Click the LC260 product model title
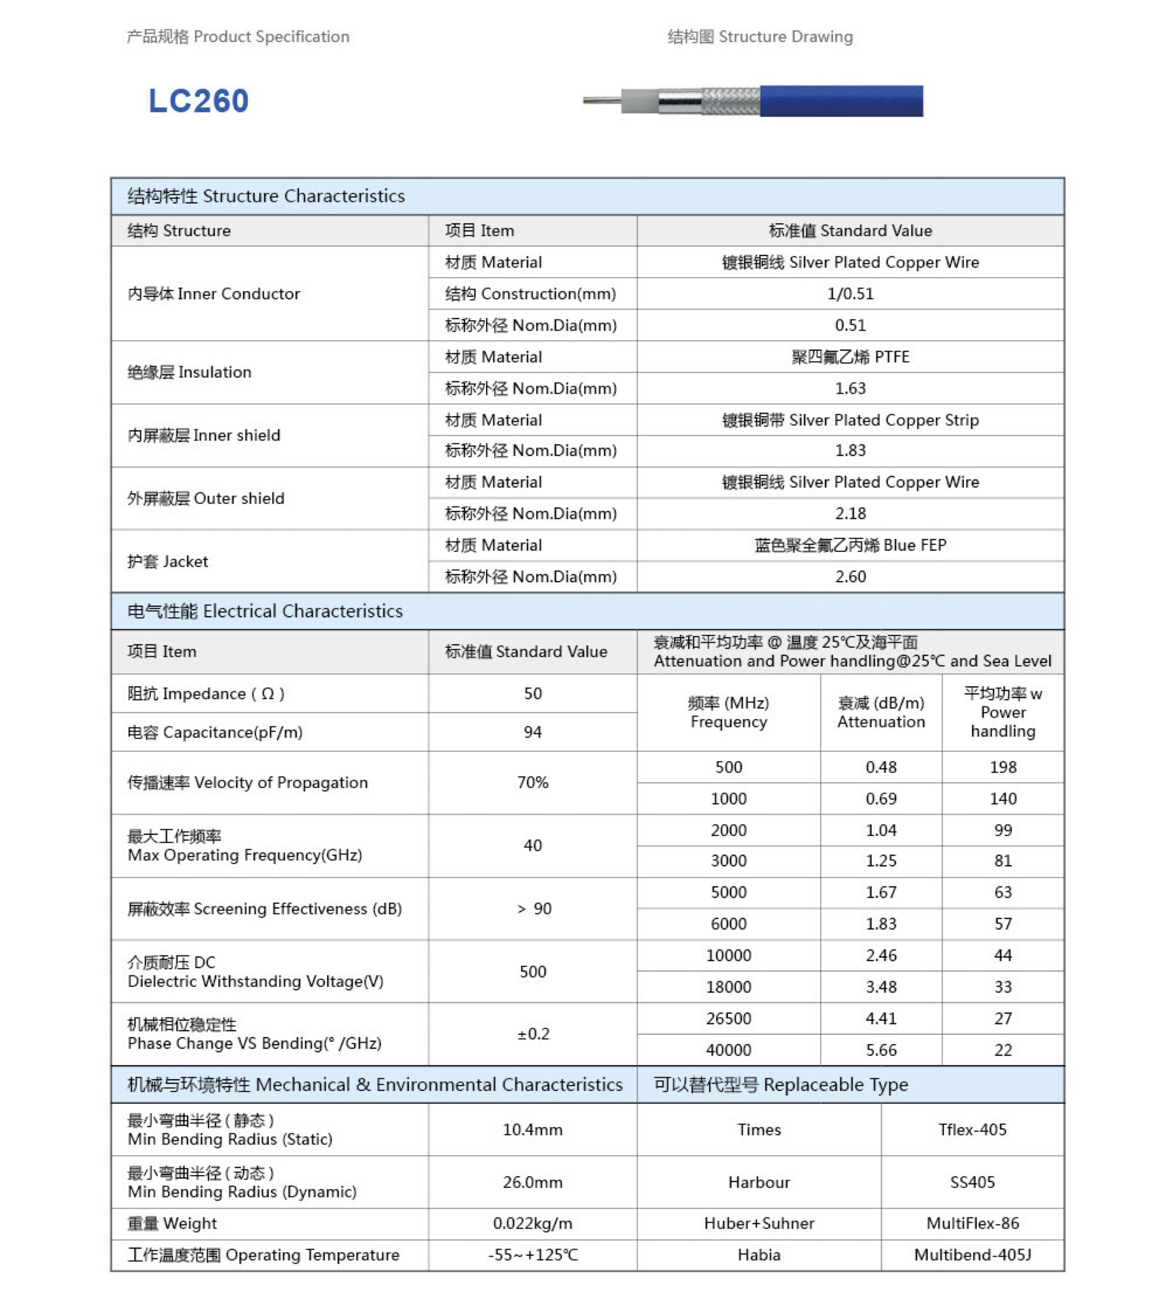tap(198, 101)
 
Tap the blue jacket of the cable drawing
tap(841, 101)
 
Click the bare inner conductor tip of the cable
tap(601, 101)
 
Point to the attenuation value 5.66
tap(881, 1050)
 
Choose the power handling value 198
tap(1003, 767)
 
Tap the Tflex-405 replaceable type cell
tap(972, 1130)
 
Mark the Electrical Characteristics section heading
tap(265, 611)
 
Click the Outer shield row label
tap(206, 498)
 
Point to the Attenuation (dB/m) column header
tap(881, 712)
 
